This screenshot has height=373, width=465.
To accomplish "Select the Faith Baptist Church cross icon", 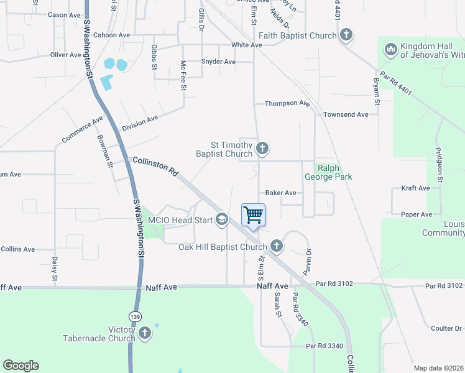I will (346, 35).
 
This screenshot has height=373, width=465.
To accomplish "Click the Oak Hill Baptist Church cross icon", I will (277, 247).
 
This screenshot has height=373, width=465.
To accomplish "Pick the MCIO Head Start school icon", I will (221, 219).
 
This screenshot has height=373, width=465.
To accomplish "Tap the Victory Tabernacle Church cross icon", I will (145, 333).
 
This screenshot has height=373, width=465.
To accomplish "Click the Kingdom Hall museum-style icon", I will (390, 49).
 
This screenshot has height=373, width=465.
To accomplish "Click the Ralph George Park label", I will (328, 172).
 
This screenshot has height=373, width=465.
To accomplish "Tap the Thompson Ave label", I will (287, 103).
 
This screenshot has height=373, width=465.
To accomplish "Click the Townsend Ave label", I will (346, 114).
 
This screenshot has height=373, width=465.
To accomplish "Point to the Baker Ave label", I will (280, 193).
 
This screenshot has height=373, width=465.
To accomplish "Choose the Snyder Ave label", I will (218, 62).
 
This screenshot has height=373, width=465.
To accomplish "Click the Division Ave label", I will (140, 122).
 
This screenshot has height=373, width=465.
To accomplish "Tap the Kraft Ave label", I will (416, 188).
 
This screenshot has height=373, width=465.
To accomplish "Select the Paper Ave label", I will (417, 214).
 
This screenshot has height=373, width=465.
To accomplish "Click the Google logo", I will (21, 366).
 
